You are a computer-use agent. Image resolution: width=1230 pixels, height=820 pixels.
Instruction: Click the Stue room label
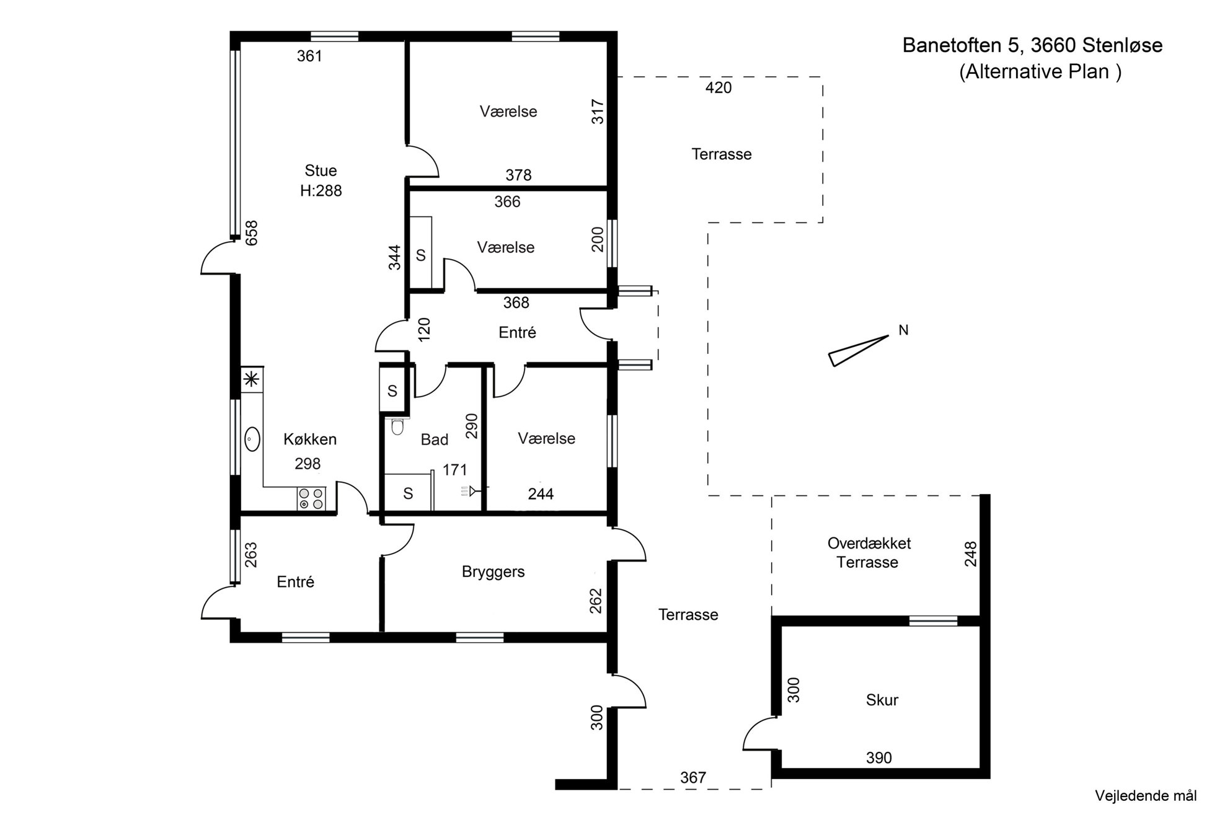(x=321, y=170)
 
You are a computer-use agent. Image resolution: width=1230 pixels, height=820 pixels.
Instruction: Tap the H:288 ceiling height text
(x=321, y=191)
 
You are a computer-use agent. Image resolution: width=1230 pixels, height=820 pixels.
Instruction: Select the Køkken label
(x=310, y=439)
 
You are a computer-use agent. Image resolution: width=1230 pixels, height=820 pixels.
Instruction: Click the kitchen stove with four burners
(x=311, y=499)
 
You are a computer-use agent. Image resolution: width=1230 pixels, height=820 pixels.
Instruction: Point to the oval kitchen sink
(x=252, y=439)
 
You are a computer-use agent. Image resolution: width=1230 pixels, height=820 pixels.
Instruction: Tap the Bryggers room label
(x=493, y=572)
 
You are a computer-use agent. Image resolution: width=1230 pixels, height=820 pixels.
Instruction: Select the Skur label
(x=882, y=700)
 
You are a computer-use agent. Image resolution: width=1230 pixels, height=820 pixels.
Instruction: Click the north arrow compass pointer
(x=859, y=351)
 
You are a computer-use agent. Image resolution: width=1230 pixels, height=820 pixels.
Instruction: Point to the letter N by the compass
(x=903, y=330)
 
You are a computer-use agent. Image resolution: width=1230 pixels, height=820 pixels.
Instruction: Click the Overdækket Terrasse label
(x=869, y=553)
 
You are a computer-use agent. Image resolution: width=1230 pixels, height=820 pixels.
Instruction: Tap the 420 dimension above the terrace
(x=719, y=88)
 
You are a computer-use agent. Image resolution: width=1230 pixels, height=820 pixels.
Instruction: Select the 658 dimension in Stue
(x=251, y=233)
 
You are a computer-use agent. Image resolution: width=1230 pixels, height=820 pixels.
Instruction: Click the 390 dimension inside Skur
(x=878, y=757)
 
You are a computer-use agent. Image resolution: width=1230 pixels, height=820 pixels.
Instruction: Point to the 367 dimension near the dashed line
(x=692, y=777)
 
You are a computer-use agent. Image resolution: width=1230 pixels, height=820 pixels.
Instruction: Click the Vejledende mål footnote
(x=1146, y=796)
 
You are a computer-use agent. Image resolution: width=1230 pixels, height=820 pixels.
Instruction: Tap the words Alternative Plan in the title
(x=1040, y=72)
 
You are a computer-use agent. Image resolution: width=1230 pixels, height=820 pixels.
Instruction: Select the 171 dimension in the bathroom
(x=454, y=470)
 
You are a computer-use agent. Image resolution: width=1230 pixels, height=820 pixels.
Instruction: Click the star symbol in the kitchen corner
(x=252, y=379)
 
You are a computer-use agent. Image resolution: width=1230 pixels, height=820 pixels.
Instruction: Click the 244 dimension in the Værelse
(x=541, y=494)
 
